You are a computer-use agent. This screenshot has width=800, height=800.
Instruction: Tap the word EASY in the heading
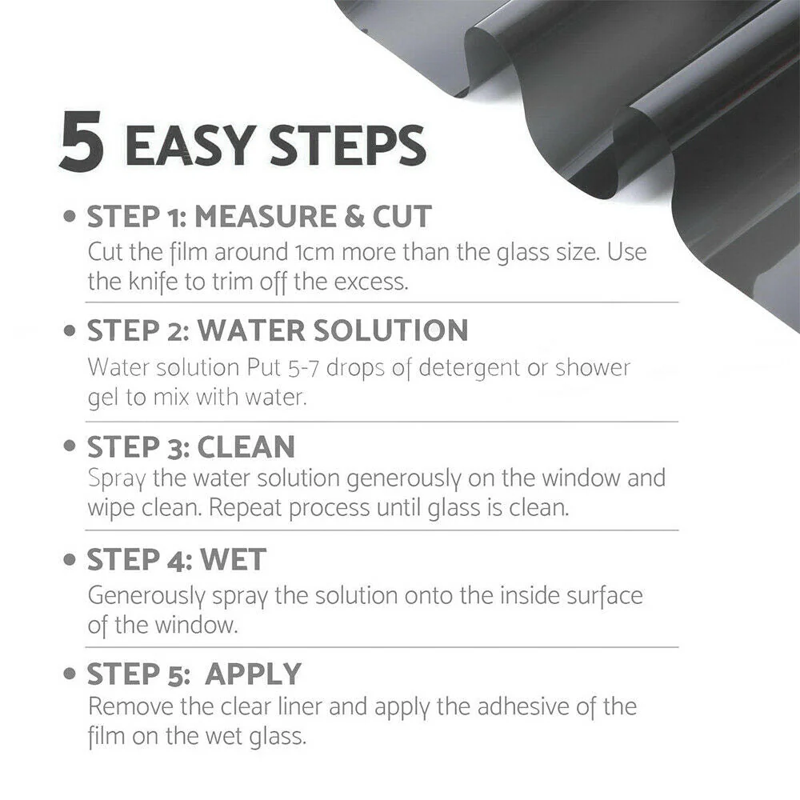point(190,146)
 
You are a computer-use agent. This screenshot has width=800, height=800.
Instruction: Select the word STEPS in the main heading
point(347,146)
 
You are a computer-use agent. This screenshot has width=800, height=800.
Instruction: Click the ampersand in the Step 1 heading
point(354,216)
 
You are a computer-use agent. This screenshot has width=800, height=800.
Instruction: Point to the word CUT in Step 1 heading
point(402,216)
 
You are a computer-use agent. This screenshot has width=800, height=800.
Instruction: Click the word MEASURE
point(266,216)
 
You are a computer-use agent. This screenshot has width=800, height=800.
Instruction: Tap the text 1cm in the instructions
point(314,253)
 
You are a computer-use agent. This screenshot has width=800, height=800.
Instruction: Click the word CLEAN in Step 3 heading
point(246,447)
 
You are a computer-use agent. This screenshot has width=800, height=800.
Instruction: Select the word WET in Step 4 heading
point(233,560)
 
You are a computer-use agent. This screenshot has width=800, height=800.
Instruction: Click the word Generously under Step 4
point(146,597)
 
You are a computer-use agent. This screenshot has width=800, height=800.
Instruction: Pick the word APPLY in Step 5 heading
point(253,674)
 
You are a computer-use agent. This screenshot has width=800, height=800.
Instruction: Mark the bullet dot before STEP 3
point(70,446)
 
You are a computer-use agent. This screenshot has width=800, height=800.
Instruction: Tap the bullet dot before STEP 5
point(70,674)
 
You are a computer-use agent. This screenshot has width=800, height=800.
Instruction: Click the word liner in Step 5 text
point(300,707)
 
